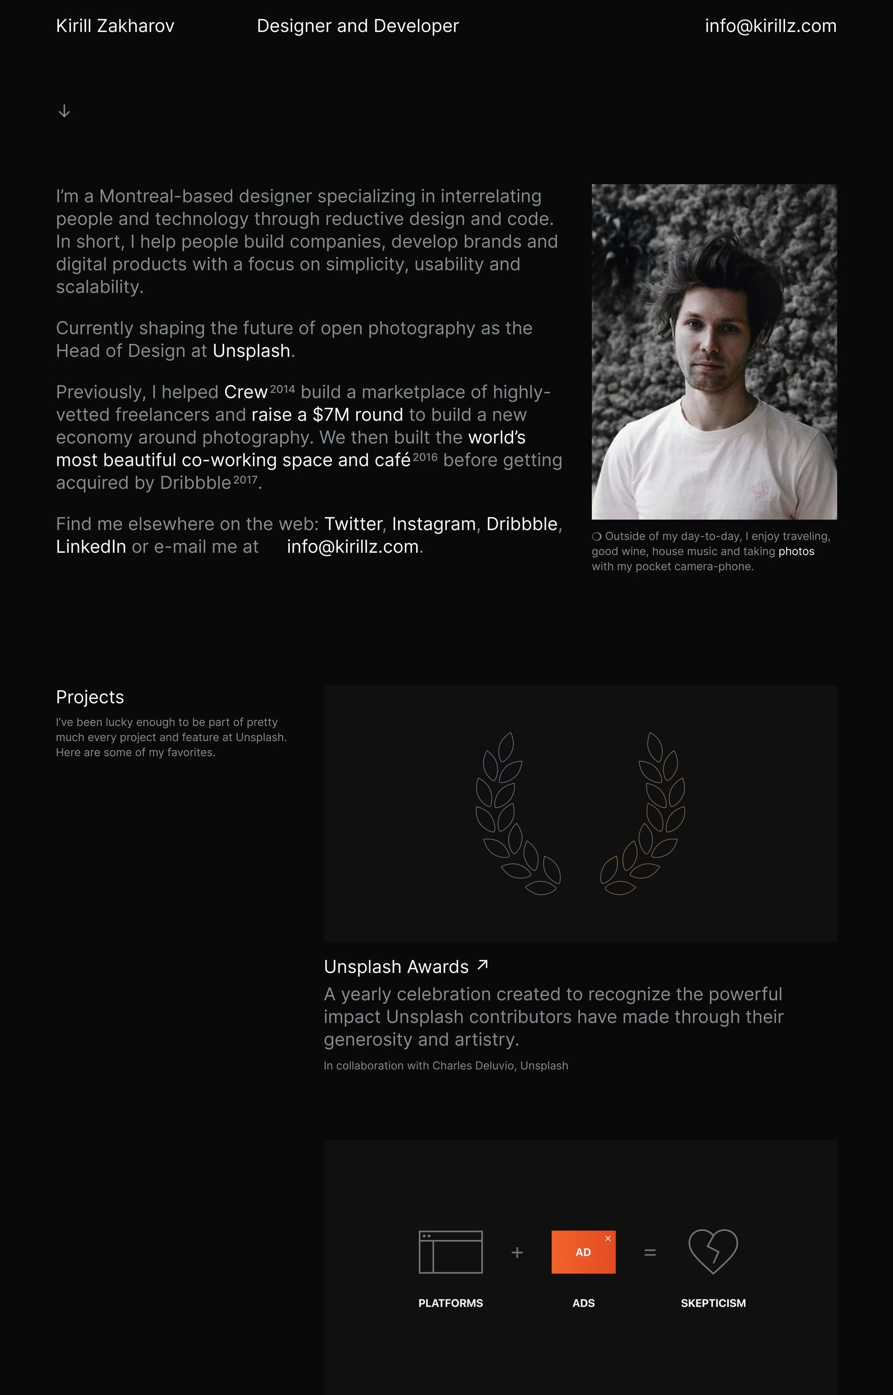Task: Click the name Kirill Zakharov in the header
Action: tap(115, 26)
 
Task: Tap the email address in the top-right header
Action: tap(770, 26)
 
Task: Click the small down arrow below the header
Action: tap(64, 111)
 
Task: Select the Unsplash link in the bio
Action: tap(251, 351)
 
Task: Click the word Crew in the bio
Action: tap(246, 392)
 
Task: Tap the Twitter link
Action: tap(353, 524)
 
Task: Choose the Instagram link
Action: tap(434, 524)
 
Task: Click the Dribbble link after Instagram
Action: tap(521, 524)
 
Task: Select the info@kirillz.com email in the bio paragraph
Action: tap(353, 546)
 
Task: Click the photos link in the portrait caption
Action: tap(796, 551)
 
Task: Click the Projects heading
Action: tap(90, 697)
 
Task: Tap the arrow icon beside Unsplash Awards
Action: tap(482, 965)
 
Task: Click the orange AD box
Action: tap(583, 1252)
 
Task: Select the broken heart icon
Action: tap(713, 1251)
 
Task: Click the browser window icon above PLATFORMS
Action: tap(451, 1252)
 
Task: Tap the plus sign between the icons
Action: tap(517, 1252)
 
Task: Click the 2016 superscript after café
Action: tap(425, 457)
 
